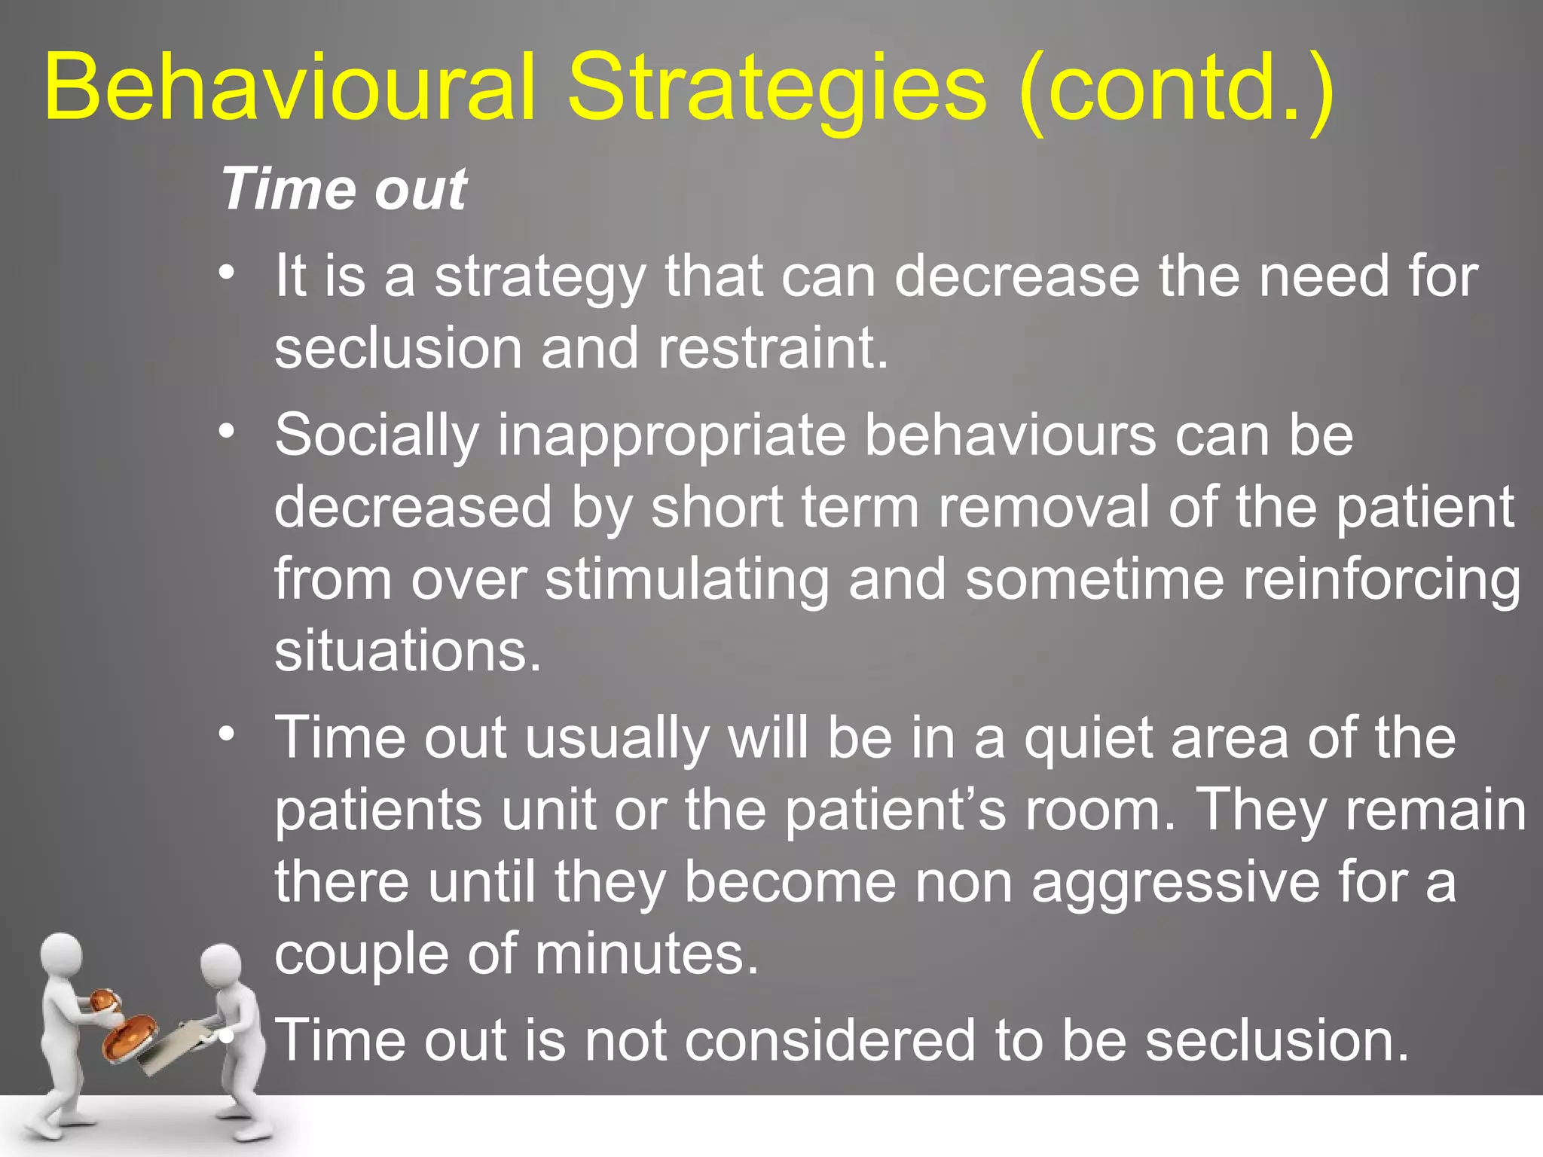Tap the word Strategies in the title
click(x=776, y=89)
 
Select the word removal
click(x=1044, y=507)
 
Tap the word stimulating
click(x=687, y=579)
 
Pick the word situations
click(x=408, y=650)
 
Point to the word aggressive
click(x=1175, y=882)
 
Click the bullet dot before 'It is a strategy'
click(x=228, y=272)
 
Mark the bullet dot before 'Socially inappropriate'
click(x=228, y=432)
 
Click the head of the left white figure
click(x=60, y=954)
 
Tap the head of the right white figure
click(x=221, y=965)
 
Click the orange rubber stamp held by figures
click(x=128, y=1035)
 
